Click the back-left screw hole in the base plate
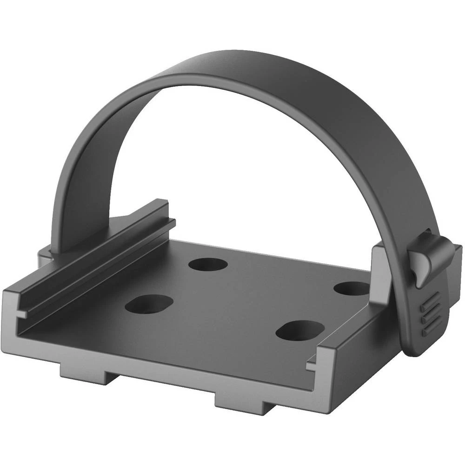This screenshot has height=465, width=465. pyautogui.click(x=208, y=266)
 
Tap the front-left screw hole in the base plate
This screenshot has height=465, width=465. pyautogui.click(x=149, y=305)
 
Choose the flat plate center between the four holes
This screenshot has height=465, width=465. pyautogui.click(x=246, y=298)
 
